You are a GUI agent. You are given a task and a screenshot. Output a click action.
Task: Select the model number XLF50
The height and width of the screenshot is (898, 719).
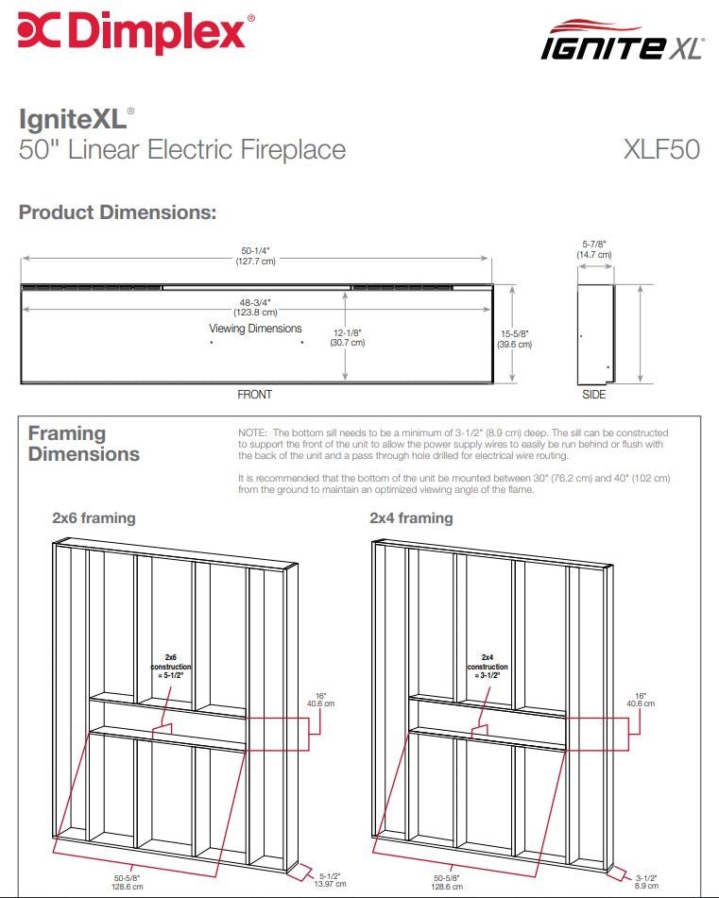[661, 149]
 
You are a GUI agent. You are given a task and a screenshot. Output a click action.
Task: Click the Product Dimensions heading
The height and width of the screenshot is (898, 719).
[118, 212]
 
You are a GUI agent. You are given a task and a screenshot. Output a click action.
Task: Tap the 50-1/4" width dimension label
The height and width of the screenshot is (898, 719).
[255, 256]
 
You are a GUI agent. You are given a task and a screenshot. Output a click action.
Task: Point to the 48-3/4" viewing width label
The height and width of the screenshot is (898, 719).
[256, 307]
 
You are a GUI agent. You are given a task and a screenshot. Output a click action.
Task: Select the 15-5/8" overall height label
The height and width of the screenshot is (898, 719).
[515, 339]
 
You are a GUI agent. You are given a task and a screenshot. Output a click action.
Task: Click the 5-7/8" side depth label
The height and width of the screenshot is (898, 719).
[594, 249]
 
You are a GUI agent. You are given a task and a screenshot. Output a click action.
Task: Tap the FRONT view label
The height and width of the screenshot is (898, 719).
[254, 395]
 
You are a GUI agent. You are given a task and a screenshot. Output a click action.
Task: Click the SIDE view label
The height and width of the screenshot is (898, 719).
[594, 395]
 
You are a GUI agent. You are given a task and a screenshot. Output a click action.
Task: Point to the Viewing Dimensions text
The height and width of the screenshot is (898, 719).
[255, 329]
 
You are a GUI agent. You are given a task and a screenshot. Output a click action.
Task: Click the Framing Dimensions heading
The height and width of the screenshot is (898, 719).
[83, 444]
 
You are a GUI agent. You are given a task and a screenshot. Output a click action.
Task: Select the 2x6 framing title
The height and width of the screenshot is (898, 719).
[94, 517]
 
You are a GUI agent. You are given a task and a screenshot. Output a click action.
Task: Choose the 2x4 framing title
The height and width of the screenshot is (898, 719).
[411, 517]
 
